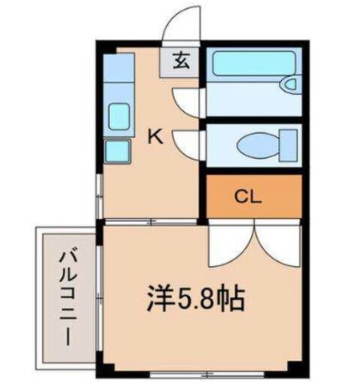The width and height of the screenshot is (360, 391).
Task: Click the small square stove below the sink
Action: pos(116,150)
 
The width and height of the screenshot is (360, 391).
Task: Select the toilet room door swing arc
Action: pos(189,142)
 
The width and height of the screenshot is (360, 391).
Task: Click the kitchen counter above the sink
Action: pos(118,71)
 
